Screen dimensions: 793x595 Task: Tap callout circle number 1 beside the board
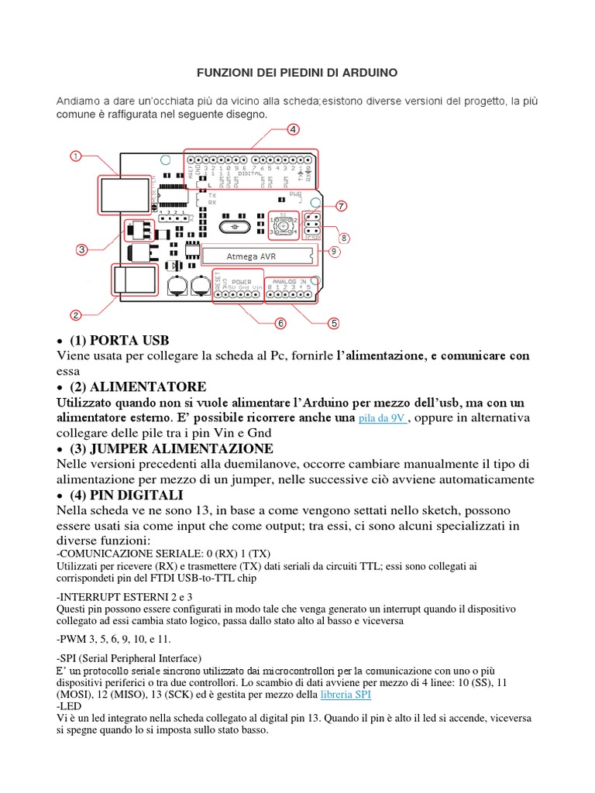(76, 156)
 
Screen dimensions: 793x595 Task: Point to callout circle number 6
(280, 322)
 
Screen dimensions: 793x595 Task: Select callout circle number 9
(334, 252)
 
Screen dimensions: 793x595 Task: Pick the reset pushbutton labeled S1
(283, 226)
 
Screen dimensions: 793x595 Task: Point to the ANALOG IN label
(291, 281)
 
